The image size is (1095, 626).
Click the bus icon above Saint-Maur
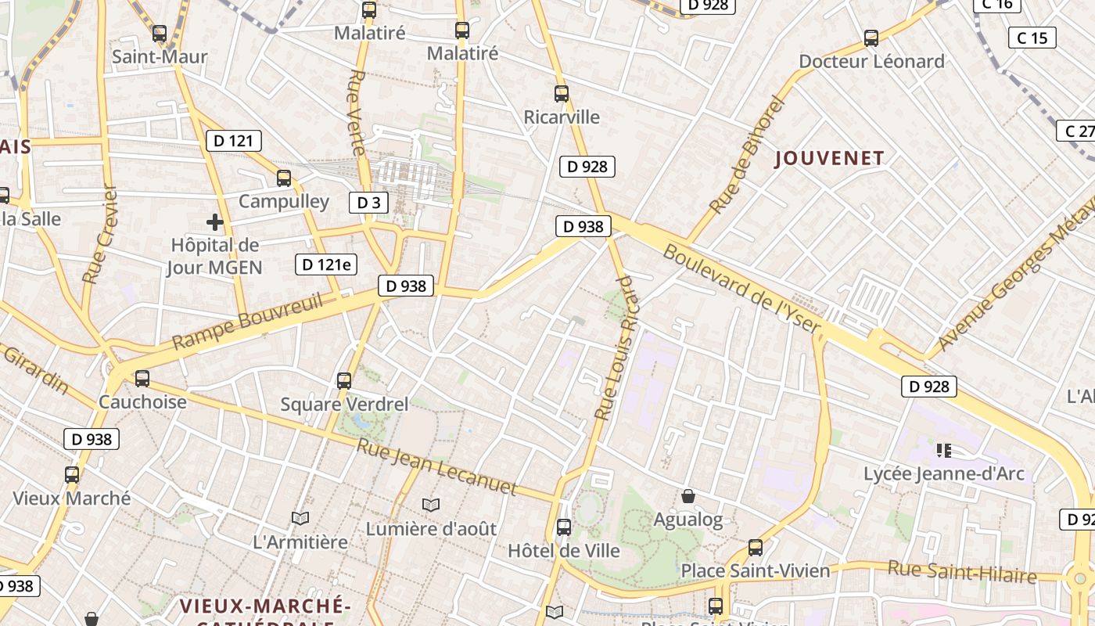point(160,34)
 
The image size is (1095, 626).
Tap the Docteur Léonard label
point(871,61)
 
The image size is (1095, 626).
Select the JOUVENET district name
point(829,158)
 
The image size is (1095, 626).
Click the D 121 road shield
point(233,141)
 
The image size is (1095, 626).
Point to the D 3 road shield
point(368,203)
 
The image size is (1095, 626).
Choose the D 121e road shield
point(326,264)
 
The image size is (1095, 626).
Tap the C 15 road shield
point(1032,38)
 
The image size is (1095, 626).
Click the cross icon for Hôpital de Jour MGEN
point(215,222)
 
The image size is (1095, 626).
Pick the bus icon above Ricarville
point(562,94)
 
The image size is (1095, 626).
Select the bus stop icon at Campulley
point(284,178)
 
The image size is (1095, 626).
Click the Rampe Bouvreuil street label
point(247,322)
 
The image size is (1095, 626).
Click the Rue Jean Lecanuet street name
point(436,467)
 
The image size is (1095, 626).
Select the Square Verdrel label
point(344,405)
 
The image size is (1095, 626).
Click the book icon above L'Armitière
point(300,518)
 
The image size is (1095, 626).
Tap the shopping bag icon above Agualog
point(688,496)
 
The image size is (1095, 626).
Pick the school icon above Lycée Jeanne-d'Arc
point(943,450)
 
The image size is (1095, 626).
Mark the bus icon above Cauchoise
point(142,379)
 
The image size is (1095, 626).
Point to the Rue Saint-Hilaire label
point(962,572)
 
